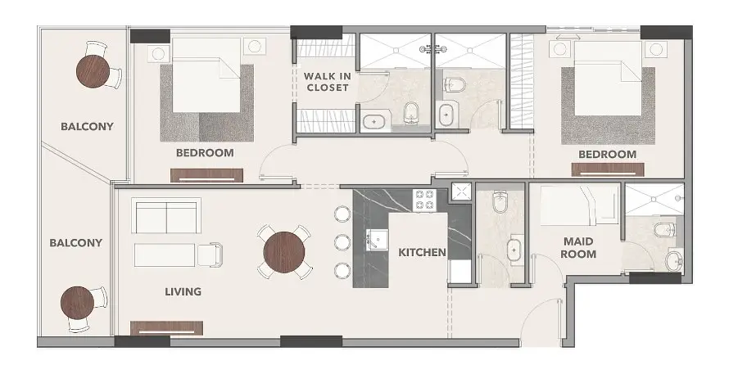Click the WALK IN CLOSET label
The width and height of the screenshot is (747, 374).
(328, 82)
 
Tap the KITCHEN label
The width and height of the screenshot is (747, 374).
(422, 252)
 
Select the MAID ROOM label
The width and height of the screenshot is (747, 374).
(578, 248)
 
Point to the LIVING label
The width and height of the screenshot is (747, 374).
(183, 291)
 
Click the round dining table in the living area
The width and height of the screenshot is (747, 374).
(284, 252)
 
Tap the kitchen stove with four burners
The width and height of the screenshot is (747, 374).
(425, 200)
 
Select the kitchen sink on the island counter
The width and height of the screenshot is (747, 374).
(376, 240)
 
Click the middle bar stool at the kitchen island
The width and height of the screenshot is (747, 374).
(342, 242)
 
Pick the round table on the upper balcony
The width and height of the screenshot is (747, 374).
(93, 71)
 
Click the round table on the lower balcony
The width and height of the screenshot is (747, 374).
(77, 303)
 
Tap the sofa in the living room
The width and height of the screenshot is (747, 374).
(165, 215)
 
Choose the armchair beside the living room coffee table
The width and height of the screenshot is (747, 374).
(210, 255)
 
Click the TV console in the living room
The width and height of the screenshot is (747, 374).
(167, 328)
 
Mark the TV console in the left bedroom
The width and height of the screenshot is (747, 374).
(206, 176)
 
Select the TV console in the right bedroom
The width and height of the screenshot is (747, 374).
(608, 170)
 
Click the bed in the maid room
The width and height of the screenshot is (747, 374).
(579, 205)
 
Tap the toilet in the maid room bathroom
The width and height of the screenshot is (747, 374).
(664, 230)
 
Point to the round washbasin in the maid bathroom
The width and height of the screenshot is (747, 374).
(674, 261)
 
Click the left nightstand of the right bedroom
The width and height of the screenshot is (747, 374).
(560, 49)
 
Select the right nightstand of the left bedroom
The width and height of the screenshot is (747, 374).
(255, 46)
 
